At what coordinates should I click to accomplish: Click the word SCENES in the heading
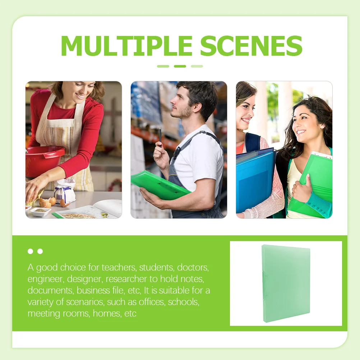[251, 46]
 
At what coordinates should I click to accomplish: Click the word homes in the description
[107, 313]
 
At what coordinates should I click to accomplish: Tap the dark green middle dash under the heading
[180, 66]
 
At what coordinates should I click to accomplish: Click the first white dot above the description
[30, 251]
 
